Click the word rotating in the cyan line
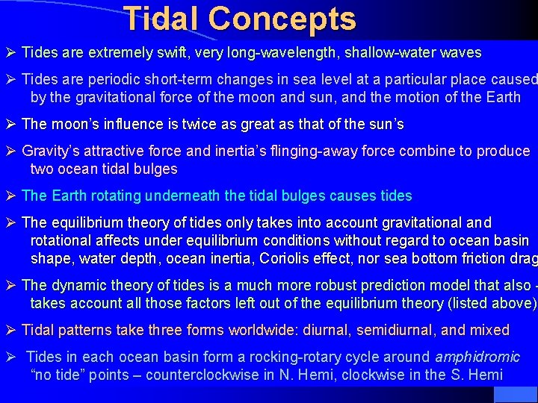[111, 196]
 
